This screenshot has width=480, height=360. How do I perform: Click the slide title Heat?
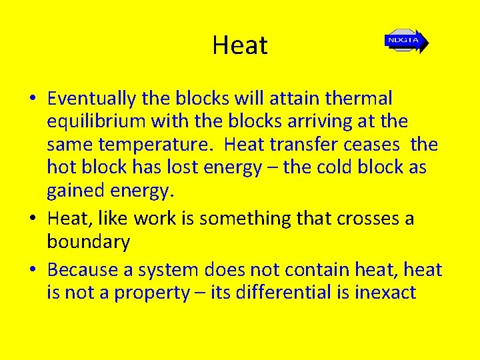[240, 45]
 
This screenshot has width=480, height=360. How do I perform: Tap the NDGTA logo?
[405, 41]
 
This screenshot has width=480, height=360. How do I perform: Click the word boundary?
[88, 242]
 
